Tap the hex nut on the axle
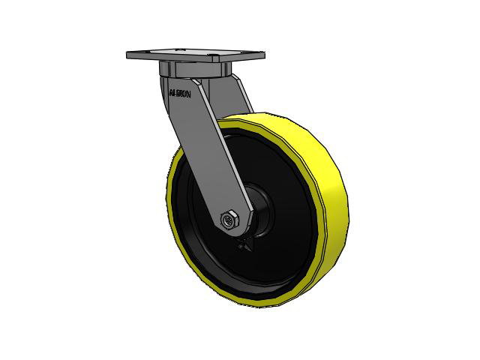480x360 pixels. (x=230, y=220)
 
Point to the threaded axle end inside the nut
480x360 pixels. (x=227, y=220)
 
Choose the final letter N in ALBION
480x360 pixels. (x=192, y=94)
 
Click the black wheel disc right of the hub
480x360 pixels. (x=289, y=225)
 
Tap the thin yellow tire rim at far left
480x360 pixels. (x=167, y=195)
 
